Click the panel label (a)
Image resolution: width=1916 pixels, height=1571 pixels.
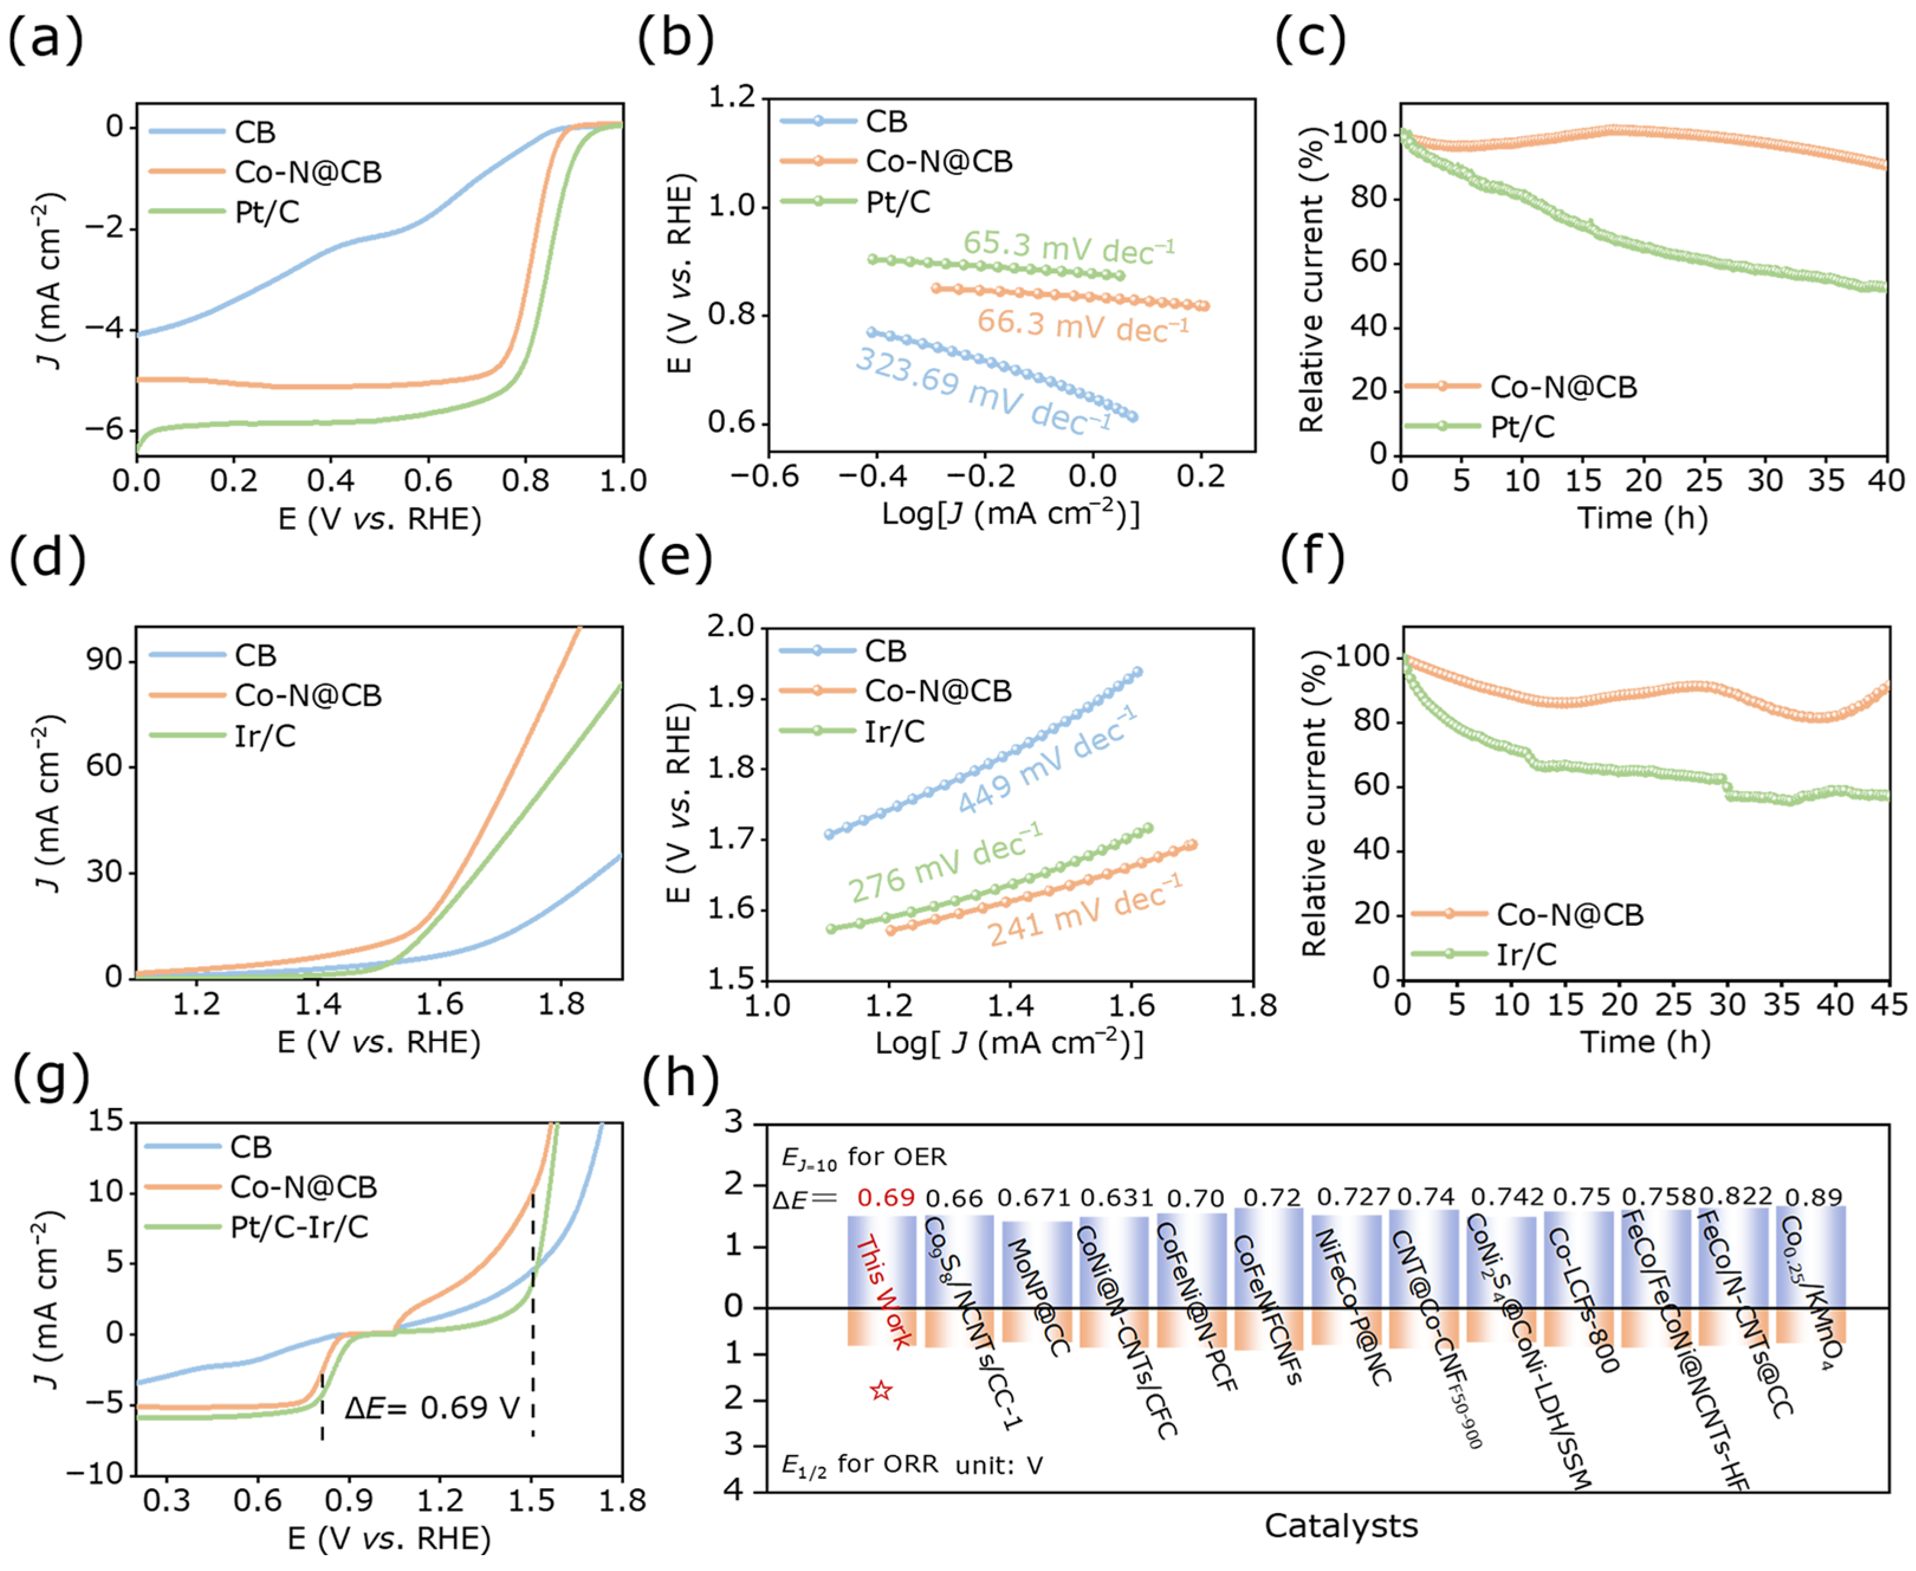[x=46, y=41]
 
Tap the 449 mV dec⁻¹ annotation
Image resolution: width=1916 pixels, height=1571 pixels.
[x=1046, y=761]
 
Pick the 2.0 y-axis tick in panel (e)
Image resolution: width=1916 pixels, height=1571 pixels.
[x=731, y=626]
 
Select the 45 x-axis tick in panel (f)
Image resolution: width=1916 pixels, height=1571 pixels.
[x=1889, y=1005]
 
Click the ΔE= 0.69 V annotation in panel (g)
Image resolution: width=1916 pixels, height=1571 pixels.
[x=432, y=1407]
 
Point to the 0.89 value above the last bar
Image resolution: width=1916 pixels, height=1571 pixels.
[x=1814, y=1198]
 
